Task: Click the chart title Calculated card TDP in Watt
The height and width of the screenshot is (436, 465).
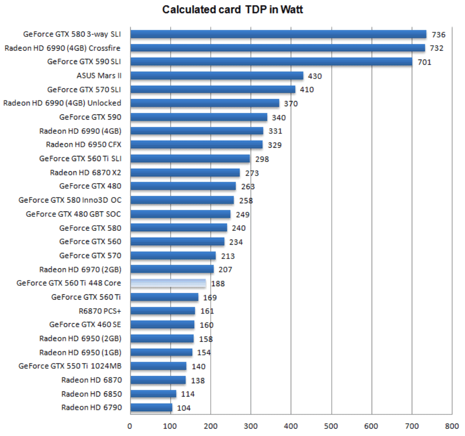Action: tap(233, 10)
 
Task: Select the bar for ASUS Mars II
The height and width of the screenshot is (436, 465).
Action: tap(216, 75)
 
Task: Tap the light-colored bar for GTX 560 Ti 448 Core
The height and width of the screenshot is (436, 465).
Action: tap(168, 283)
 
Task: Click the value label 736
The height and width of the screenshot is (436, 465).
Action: tap(438, 34)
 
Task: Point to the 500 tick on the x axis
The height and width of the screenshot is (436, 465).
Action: tap(331, 425)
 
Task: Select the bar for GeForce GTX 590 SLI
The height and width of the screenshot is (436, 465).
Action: tap(271, 62)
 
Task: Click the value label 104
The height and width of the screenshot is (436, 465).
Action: tap(184, 408)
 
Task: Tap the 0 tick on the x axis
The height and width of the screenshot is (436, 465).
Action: tap(130, 425)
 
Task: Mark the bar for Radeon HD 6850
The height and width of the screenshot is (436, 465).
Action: tap(153, 394)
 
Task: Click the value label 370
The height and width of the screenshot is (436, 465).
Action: tap(291, 104)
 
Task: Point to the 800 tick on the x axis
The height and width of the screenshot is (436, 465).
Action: tap(452, 425)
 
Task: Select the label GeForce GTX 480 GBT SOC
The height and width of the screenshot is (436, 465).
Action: tap(73, 214)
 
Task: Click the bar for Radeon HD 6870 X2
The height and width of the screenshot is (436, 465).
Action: tap(185, 172)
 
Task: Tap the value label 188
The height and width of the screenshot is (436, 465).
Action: tap(217, 283)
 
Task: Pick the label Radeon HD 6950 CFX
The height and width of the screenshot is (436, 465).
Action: tap(84, 145)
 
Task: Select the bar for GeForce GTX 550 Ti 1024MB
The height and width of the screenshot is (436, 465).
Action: tap(158, 366)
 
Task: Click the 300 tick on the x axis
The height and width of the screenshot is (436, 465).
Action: tap(251, 425)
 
